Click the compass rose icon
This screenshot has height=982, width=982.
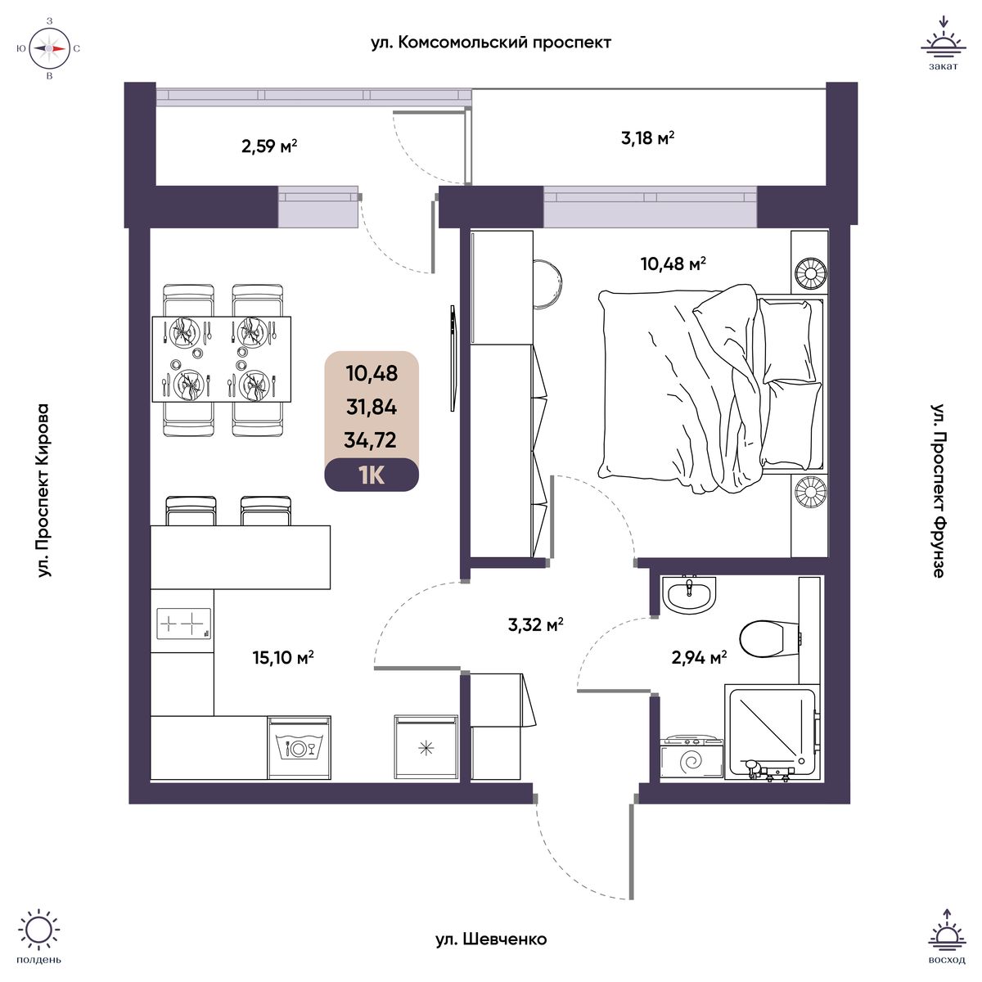pos(49,48)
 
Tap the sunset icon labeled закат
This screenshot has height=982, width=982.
pos(944,43)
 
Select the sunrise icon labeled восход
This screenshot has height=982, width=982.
pos(947,941)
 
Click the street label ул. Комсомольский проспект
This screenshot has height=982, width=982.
pos(491,43)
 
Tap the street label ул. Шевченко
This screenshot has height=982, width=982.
pos(491,939)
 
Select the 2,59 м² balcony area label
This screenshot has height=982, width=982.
pos(269,146)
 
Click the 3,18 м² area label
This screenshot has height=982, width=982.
pos(647,137)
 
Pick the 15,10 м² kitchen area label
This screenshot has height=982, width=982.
pos(283,657)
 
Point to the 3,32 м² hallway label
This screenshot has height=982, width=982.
pos(535,624)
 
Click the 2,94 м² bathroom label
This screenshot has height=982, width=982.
pos(699,657)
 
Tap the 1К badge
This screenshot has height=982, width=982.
pos(372,475)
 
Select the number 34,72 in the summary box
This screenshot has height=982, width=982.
pos(371,439)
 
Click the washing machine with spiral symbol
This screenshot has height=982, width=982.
pos(692,757)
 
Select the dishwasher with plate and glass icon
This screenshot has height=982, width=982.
pos(300,747)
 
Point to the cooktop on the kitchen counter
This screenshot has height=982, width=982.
pos(183,624)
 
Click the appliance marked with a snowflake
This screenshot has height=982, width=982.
pos(426,747)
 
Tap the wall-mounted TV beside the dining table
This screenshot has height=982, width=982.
pos(452,358)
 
